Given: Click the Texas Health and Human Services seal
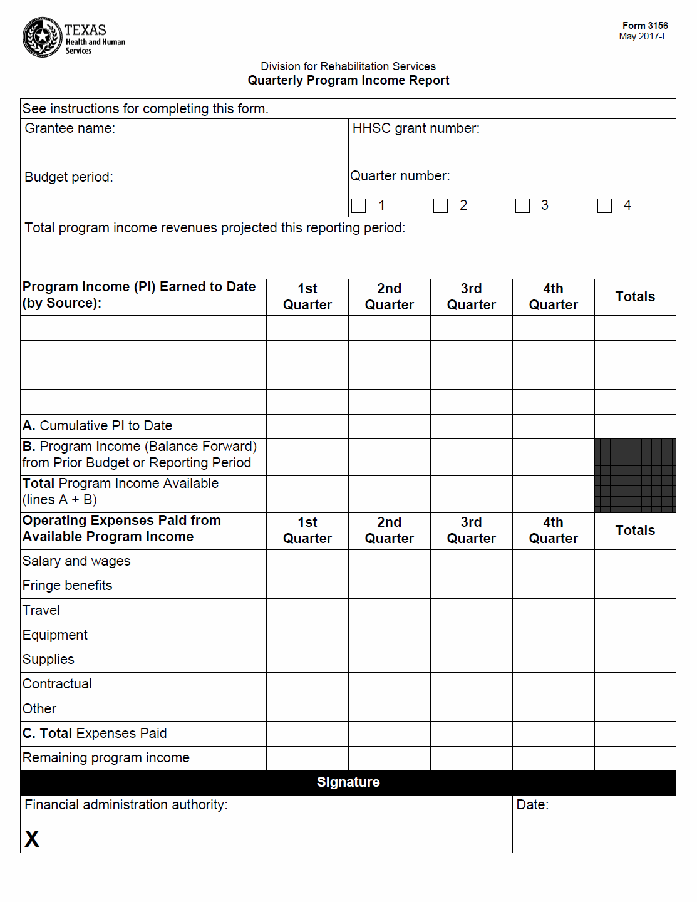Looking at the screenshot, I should click(43, 38).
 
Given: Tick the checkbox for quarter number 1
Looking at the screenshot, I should click(359, 205).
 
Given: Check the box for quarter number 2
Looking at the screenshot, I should click(441, 205).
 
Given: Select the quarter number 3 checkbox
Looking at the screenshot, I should click(522, 205).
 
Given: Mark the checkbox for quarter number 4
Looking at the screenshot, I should click(604, 205).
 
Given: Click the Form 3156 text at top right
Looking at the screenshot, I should click(644, 26).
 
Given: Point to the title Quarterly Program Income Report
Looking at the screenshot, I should click(348, 80).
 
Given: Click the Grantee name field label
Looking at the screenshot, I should click(70, 128).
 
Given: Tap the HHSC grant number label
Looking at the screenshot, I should click(416, 128).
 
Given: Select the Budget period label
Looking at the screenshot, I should click(68, 177).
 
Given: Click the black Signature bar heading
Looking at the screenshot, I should click(348, 782).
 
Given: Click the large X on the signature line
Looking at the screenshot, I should click(32, 839).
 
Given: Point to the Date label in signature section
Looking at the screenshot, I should click(532, 805).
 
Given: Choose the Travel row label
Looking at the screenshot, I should click(41, 611).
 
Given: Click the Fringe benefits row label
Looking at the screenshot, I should click(67, 586).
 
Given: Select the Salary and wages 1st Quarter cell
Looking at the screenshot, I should click(307, 562).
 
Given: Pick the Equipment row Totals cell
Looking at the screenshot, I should click(635, 635).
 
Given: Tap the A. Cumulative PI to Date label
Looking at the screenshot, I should click(97, 426).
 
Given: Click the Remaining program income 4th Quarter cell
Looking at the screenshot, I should click(553, 758).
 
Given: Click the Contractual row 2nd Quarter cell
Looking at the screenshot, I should click(390, 685).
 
